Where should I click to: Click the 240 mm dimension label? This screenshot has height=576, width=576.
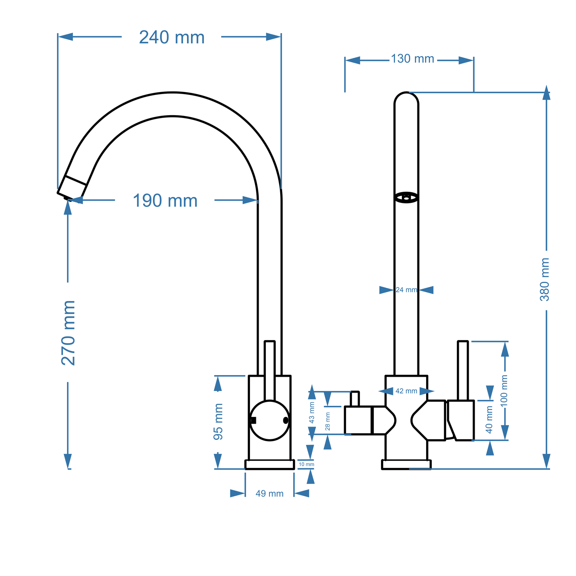172,37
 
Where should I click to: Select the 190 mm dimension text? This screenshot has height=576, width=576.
165,201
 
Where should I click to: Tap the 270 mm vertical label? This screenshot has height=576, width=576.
69,333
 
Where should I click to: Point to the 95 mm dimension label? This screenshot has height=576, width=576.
218,422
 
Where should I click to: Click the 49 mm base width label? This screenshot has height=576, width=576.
269,493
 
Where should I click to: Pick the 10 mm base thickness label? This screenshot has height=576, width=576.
306,464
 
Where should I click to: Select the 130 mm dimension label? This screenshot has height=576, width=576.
412,59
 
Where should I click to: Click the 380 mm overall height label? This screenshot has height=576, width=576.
545,279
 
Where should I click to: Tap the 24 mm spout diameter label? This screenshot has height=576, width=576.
406,290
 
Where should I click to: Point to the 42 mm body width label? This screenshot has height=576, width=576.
406,391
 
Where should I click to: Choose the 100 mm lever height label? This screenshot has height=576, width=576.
504,391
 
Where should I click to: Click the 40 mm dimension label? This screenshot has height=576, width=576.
490,419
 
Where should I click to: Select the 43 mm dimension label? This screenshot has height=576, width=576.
312,413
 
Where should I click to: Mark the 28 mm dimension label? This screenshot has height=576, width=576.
328,421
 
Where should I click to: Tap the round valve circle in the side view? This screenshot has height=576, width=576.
270,421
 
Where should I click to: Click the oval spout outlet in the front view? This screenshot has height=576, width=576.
406,197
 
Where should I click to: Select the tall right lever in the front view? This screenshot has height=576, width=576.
463,371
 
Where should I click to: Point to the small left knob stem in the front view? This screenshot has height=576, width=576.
355,399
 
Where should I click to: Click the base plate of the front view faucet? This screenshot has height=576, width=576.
406,464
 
